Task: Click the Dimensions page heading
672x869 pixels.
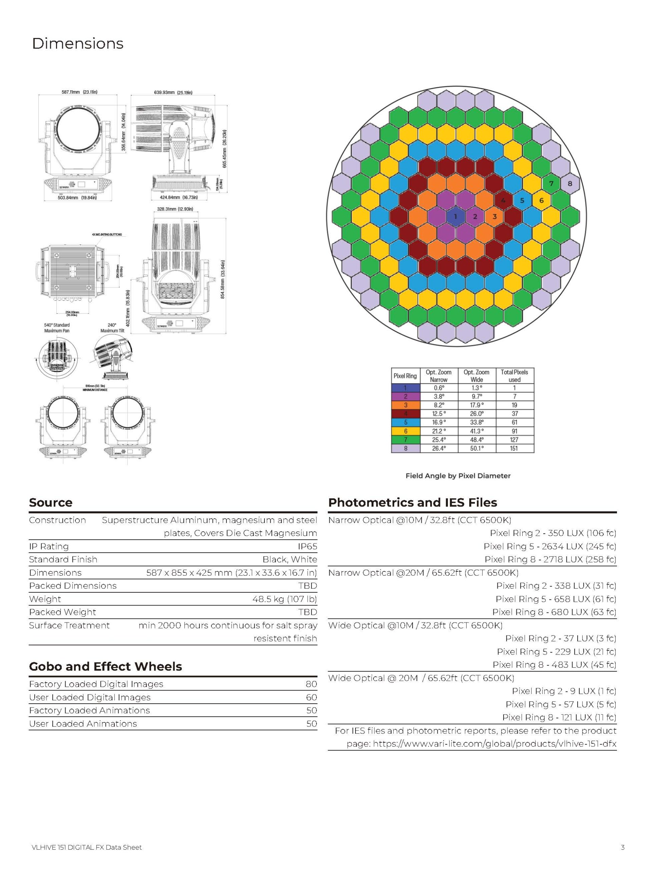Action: [x=78, y=43]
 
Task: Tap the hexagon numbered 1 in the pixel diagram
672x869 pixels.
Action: [x=455, y=217]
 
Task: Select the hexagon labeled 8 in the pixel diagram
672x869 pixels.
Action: [x=570, y=183]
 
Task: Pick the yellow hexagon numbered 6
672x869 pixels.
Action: [x=541, y=200]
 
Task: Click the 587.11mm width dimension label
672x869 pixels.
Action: [x=79, y=92]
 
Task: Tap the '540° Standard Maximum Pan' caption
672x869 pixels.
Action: [x=57, y=328]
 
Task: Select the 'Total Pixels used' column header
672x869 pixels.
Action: [x=514, y=376]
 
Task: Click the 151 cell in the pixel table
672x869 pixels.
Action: [x=514, y=448]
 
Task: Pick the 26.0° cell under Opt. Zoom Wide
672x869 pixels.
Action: [x=476, y=414]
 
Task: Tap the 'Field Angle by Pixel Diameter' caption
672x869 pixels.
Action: [x=458, y=476]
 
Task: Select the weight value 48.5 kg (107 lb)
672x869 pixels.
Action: [x=285, y=599]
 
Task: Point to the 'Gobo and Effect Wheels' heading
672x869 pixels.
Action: [x=106, y=666]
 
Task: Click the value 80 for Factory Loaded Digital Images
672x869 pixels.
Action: [x=311, y=684]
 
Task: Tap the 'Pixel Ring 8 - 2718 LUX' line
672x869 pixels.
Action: [x=550, y=559]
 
